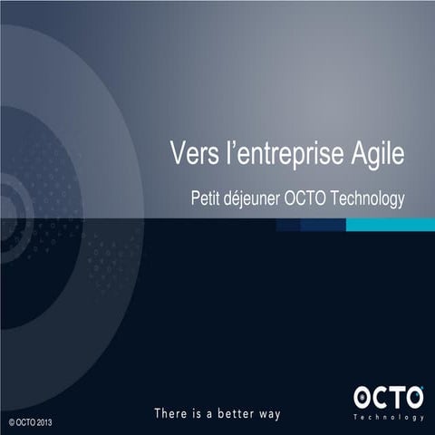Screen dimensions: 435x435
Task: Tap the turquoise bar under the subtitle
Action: tap(384, 224)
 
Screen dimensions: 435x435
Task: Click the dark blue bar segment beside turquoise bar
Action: tap(312, 224)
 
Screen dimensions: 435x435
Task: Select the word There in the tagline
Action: tap(172, 414)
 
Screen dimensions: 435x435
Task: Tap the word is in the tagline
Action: tap(199, 414)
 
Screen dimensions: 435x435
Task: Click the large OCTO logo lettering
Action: tap(388, 397)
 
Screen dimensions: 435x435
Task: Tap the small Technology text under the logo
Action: tap(388, 418)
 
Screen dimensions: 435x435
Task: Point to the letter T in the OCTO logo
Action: tap(396, 397)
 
